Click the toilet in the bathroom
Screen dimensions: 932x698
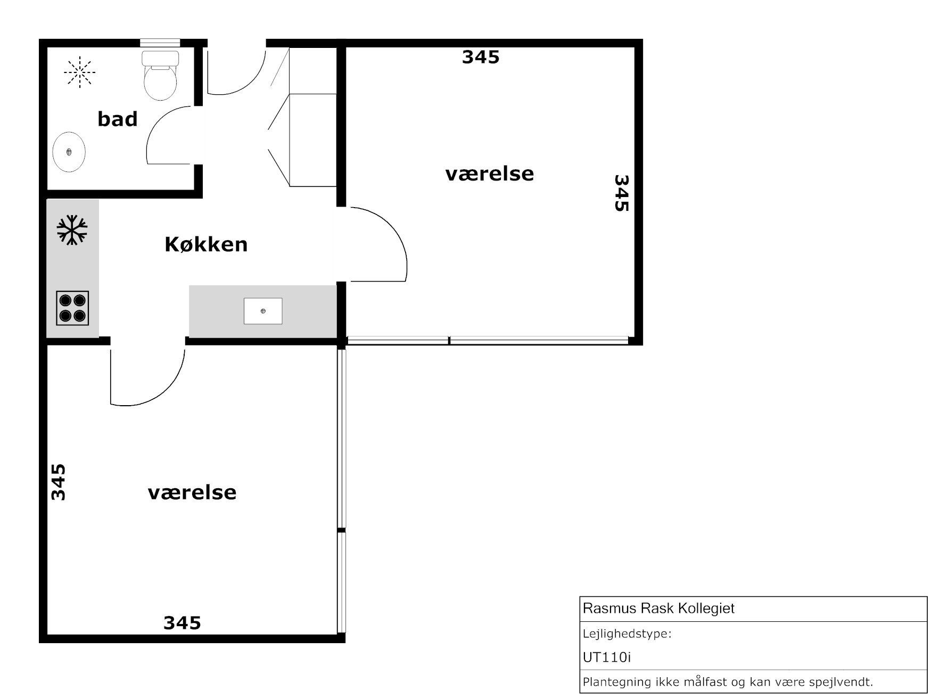(x=160, y=76)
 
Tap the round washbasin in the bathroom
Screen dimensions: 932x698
(x=69, y=152)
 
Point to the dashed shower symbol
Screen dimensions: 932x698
(x=79, y=71)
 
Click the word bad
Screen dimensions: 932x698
(x=117, y=119)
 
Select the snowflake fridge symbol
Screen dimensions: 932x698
(x=72, y=230)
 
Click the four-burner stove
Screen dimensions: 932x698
(x=72, y=308)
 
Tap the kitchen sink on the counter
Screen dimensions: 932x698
(x=263, y=311)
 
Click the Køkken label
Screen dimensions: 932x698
(x=206, y=244)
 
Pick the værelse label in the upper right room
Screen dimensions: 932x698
(x=490, y=174)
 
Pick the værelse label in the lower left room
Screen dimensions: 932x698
(x=192, y=492)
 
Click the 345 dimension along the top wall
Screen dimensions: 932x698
(x=481, y=57)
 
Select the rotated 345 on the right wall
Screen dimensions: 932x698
(x=622, y=193)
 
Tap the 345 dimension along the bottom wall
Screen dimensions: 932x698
(x=182, y=622)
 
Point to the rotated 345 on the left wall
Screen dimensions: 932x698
(x=58, y=482)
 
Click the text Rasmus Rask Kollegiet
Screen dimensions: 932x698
(x=658, y=609)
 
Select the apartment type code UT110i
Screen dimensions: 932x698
(x=607, y=658)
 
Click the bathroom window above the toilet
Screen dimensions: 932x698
(x=160, y=43)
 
